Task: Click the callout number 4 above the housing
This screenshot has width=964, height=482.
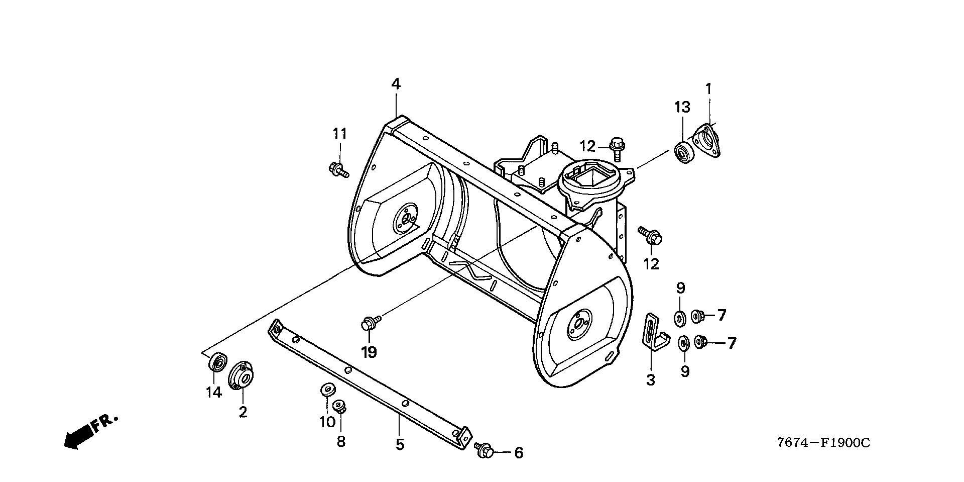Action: [x=396, y=84]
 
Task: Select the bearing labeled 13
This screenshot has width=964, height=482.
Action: [x=683, y=152]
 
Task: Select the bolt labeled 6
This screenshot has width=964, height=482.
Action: [x=484, y=449]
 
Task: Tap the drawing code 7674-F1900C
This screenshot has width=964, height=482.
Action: [x=823, y=443]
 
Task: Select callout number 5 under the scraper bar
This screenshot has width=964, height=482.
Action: [x=400, y=445]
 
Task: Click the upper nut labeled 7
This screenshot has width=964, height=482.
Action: [x=697, y=316]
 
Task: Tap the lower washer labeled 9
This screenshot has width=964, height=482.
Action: [x=683, y=343]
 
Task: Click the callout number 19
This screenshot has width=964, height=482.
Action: [x=369, y=352]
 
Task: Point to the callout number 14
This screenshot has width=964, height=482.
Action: [x=214, y=393]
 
